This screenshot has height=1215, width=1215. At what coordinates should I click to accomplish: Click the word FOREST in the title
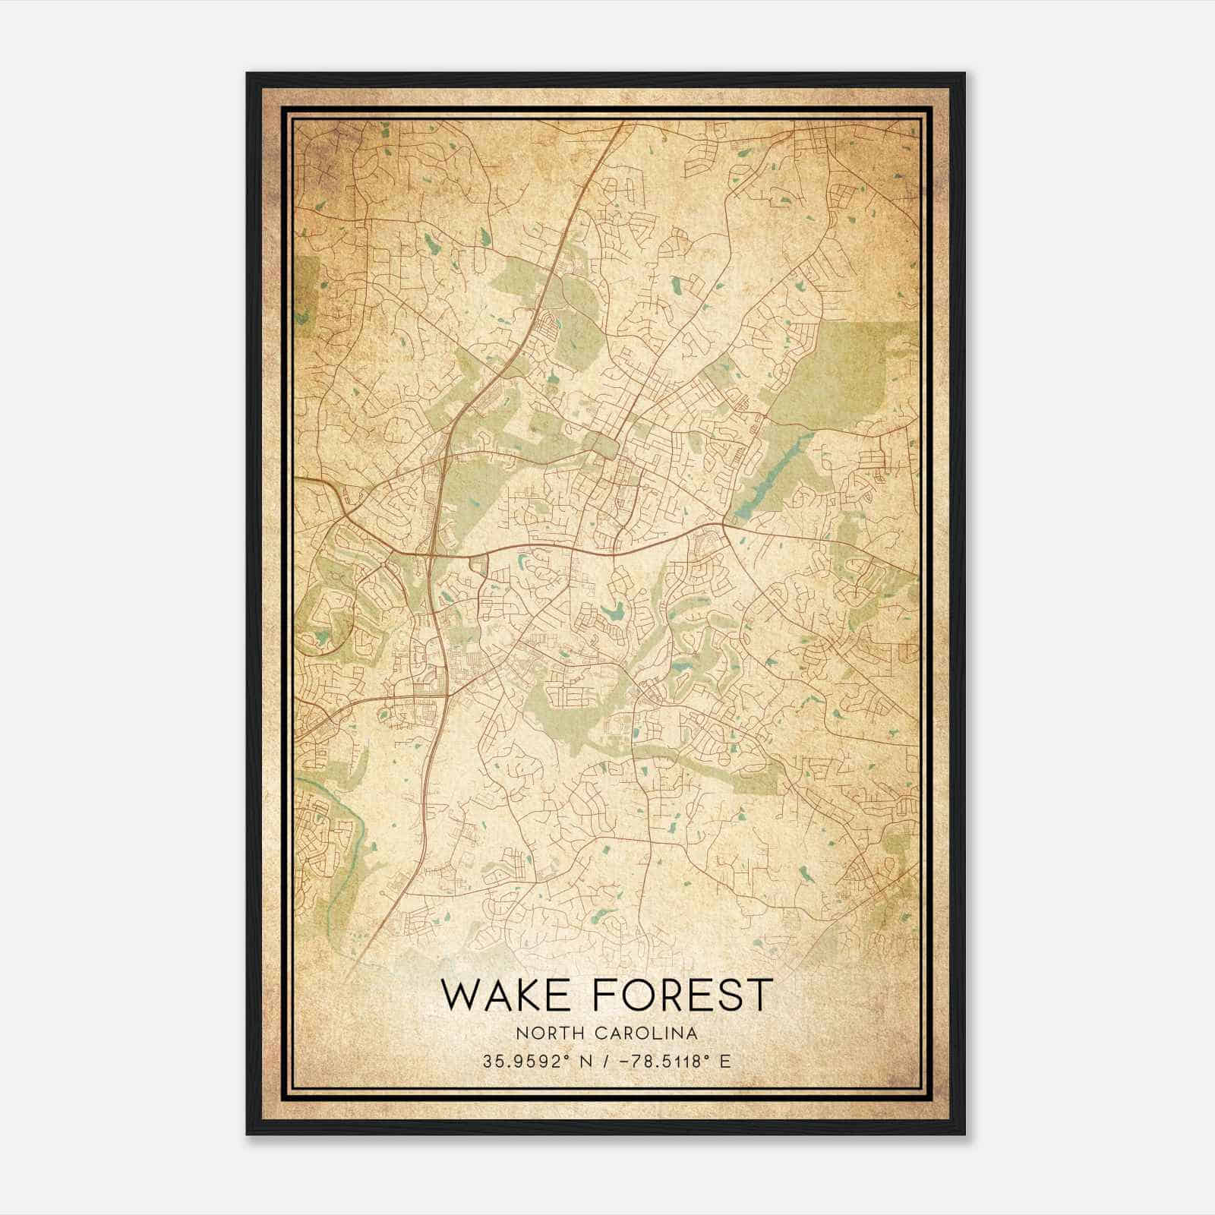(682, 995)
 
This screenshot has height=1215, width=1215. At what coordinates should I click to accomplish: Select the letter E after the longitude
(726, 1062)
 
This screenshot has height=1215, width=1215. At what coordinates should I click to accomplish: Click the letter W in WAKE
(462, 995)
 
